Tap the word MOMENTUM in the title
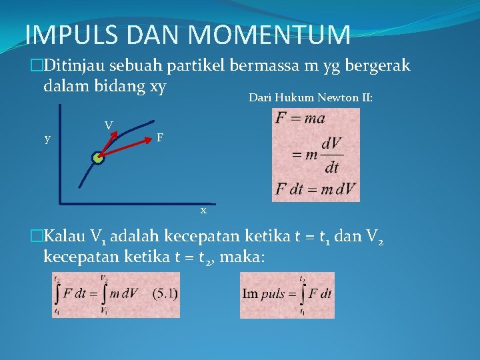tap(267, 35)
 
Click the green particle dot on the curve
tap(98, 158)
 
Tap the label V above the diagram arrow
tap(108, 124)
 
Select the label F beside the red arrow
tap(159, 138)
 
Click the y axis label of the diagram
tap(47, 139)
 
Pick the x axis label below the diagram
tap(203, 211)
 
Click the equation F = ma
tap(299, 119)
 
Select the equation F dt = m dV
tap(316, 189)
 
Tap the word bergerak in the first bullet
tap(381, 66)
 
